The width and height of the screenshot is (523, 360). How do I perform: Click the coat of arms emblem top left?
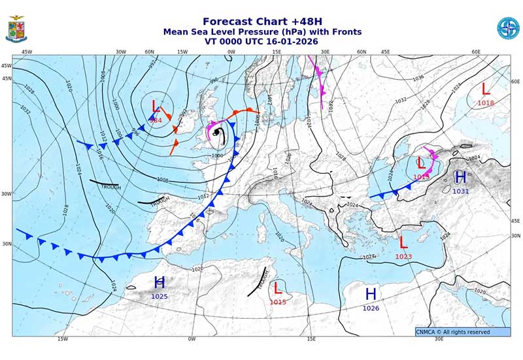pos(16,29)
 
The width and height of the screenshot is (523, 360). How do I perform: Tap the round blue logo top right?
pos(507,28)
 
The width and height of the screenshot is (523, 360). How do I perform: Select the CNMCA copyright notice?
pos(462,332)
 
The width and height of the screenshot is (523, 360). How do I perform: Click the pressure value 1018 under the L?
pos(486,103)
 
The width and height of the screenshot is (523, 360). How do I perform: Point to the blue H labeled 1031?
pos(460,177)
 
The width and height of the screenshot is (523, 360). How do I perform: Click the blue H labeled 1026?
pos(371,294)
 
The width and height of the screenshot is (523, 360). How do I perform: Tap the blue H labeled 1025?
pos(160,283)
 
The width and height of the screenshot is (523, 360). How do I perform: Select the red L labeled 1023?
pos(403,242)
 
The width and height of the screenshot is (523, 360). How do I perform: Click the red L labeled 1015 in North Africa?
pos(278,288)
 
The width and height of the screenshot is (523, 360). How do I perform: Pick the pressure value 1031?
pos(461,191)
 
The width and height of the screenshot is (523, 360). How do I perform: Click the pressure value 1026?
pos(371,308)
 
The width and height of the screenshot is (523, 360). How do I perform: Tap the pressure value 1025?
pos(160,297)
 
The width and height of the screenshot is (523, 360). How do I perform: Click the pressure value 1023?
pos(403,257)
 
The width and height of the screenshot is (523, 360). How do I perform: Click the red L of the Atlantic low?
pos(156,106)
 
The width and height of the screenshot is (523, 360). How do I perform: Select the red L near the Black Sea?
pos(421,163)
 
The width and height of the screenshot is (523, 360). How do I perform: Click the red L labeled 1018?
pos(486,89)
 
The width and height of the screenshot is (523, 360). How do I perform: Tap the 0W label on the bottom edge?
pos(192,339)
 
